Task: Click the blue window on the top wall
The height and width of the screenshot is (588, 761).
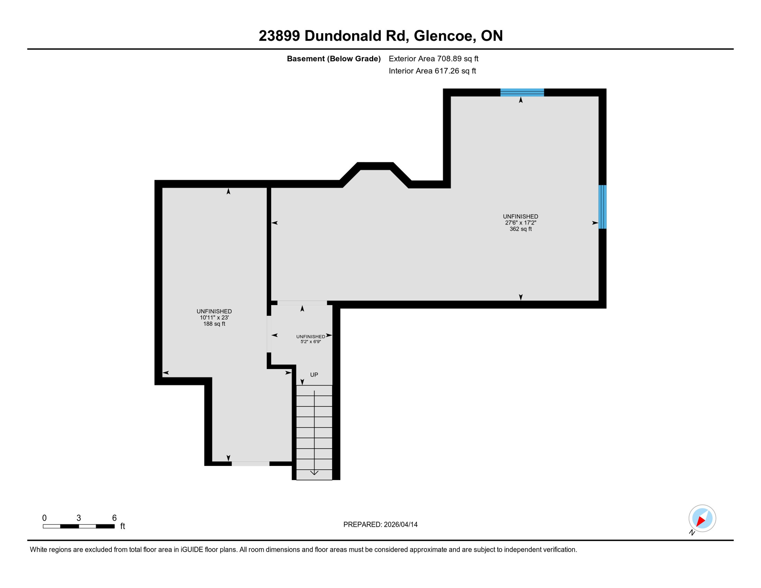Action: tap(522, 92)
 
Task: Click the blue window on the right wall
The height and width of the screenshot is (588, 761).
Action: tap(602, 207)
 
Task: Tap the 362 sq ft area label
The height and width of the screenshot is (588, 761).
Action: tap(520, 229)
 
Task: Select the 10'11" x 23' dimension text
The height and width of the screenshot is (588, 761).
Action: tap(214, 317)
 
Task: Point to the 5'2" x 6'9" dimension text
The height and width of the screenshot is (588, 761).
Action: tap(310, 341)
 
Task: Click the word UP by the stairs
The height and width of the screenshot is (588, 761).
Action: tap(314, 374)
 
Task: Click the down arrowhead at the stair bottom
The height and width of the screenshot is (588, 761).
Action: tap(314, 473)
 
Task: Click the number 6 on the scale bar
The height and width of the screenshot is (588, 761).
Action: tap(114, 518)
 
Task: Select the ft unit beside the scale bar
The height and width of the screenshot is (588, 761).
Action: tap(122, 526)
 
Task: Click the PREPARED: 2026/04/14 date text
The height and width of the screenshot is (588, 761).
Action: tap(380, 524)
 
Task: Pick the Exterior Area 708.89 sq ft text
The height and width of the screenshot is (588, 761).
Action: tap(433, 59)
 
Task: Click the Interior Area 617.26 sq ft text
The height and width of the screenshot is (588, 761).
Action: tap(432, 71)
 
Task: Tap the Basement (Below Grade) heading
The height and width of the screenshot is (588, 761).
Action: tap(333, 59)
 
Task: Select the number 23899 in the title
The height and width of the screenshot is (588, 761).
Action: tap(279, 36)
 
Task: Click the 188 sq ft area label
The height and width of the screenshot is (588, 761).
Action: tap(214, 324)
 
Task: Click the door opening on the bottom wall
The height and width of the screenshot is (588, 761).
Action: tap(250, 464)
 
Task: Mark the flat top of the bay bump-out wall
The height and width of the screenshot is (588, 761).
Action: tap(376, 166)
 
